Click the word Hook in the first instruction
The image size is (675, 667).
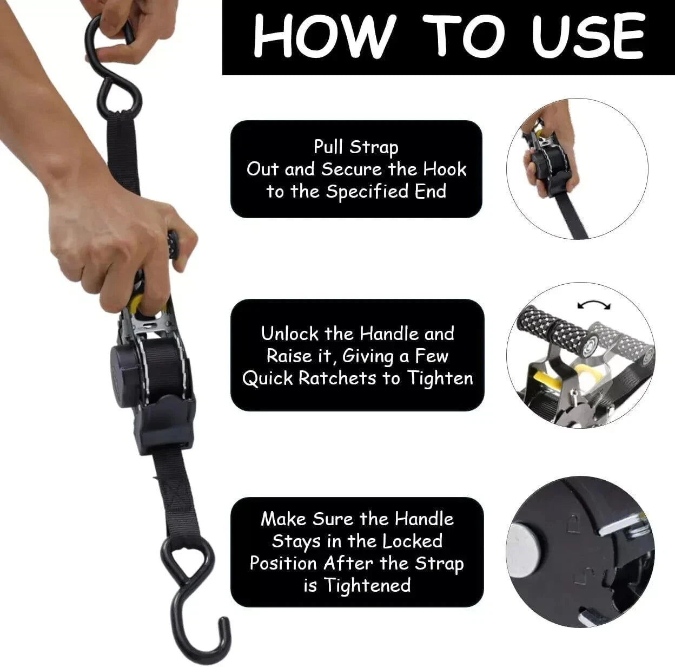[444, 169]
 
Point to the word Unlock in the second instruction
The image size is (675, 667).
[290, 333]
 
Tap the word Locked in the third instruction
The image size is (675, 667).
[412, 541]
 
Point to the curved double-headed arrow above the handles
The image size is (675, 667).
[593, 306]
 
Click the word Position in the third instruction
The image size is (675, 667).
[283, 563]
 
